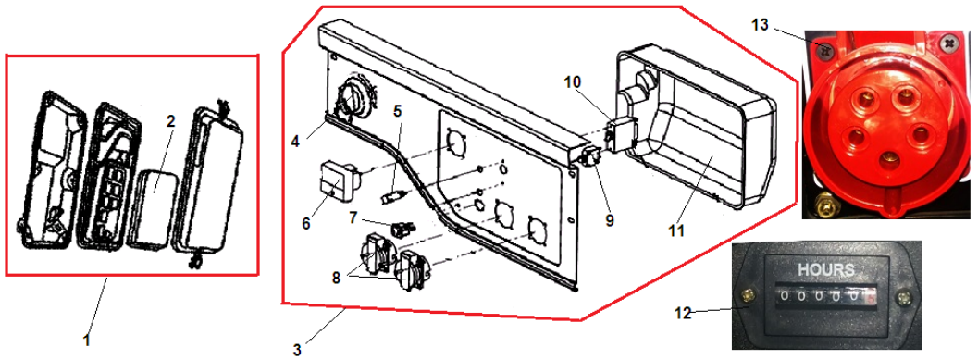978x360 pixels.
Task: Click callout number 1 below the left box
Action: [87, 341]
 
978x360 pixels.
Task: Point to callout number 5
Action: [397, 110]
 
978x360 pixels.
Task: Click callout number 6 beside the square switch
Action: [306, 223]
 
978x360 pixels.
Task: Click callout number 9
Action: [610, 219]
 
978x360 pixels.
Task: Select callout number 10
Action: [573, 82]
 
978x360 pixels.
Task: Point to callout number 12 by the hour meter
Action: [684, 313]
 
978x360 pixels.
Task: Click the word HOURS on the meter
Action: [827, 270]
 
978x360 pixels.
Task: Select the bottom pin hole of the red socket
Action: [885, 166]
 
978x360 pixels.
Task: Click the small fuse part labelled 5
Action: [393, 198]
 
